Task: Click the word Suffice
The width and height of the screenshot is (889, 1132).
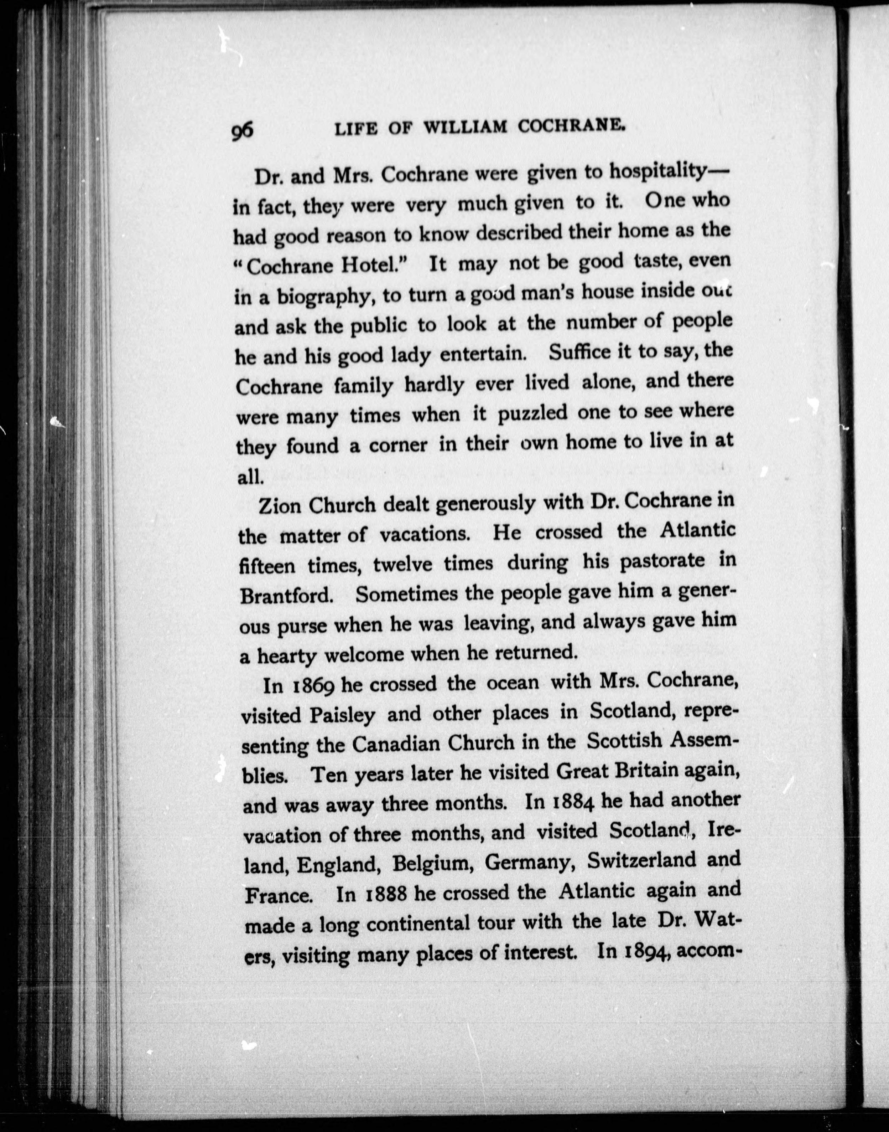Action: pos(579,354)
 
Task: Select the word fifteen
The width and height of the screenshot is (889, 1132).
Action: pos(267,566)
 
